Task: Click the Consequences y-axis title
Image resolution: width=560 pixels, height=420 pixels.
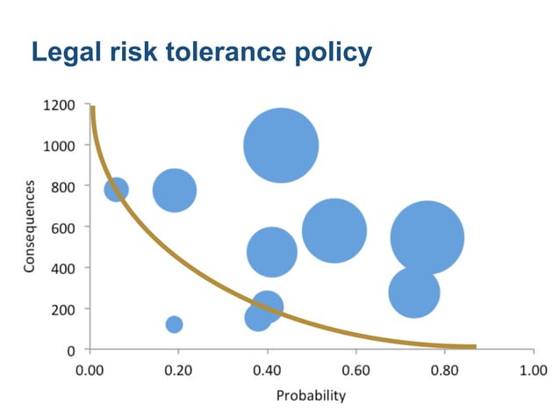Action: tap(29, 226)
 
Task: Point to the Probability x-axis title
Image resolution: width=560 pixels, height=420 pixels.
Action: tap(311, 395)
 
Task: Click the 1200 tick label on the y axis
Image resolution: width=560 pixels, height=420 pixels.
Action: tap(59, 105)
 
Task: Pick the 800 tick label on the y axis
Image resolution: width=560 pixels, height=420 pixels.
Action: tap(62, 186)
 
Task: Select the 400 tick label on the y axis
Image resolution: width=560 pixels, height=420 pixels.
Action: tap(62, 268)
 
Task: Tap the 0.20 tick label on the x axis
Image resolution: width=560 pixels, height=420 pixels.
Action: tap(178, 370)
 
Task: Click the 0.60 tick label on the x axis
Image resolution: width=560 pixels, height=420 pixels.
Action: tap(355, 370)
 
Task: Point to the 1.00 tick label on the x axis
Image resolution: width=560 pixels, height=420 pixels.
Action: tap(533, 370)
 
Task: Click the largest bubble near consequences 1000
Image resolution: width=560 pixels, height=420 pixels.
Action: tap(281, 146)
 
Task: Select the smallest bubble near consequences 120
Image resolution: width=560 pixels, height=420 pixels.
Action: tap(174, 324)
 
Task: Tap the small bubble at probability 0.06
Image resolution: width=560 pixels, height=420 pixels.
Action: tap(116, 189)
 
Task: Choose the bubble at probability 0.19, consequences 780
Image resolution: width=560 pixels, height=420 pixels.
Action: tap(174, 190)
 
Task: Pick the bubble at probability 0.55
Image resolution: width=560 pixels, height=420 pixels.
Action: tap(334, 230)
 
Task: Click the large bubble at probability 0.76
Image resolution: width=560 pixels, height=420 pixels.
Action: tap(427, 237)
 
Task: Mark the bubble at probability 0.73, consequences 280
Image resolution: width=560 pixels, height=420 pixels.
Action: tap(413, 293)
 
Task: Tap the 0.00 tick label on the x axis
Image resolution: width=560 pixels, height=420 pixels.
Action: tap(90, 370)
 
